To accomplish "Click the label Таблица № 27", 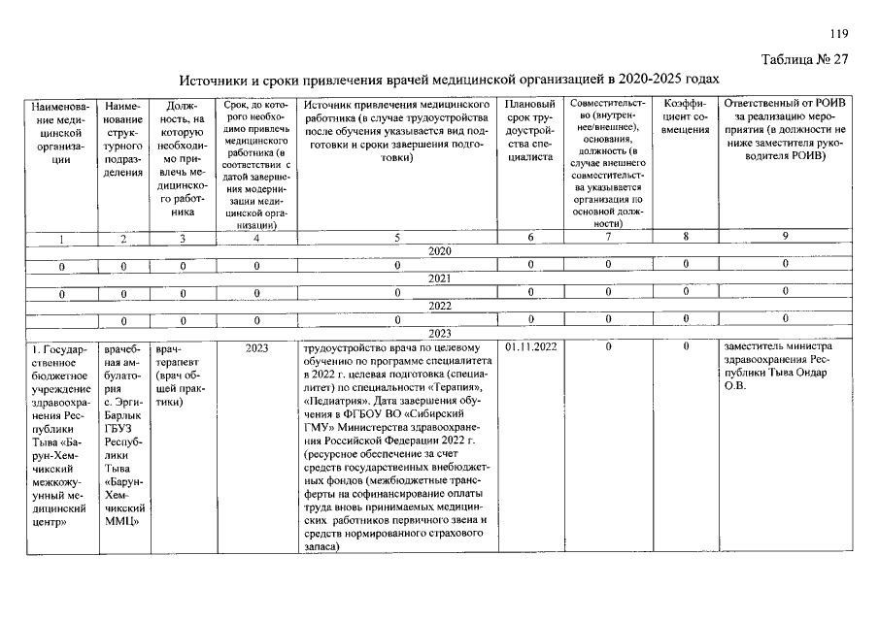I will point(805,59).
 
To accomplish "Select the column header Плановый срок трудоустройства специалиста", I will point(529,129).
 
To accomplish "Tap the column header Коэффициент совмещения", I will point(686,116).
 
